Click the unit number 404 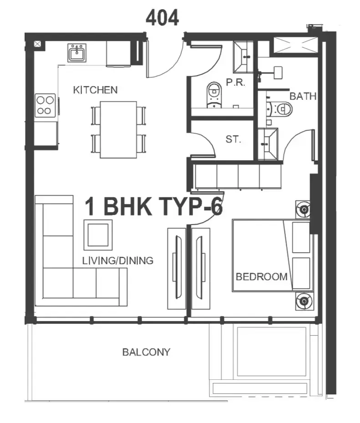tap(162, 18)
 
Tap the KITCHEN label tap(96, 90)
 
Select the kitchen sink tap(77, 53)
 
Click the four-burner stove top tap(46, 105)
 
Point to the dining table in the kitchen tap(118, 130)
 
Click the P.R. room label tap(235, 82)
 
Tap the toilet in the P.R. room tap(214, 95)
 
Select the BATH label tap(303, 96)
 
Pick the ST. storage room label tap(233, 139)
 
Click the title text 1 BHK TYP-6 tap(154, 206)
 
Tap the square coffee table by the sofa tap(98, 234)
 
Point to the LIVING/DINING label tap(118, 260)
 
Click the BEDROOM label tap(262, 277)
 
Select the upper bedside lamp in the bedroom tap(304, 209)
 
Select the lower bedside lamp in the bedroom tap(304, 301)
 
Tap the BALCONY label tap(147, 352)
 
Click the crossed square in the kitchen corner tap(37, 44)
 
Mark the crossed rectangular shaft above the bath tap(296, 45)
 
